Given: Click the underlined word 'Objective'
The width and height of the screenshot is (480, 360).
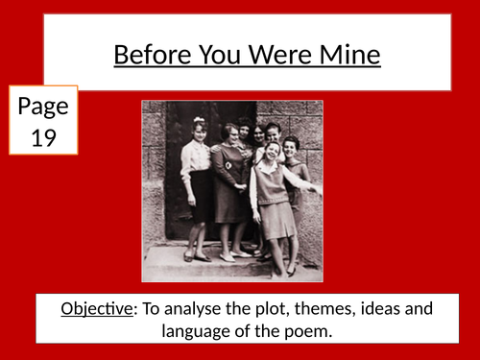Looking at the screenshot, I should (x=93, y=309).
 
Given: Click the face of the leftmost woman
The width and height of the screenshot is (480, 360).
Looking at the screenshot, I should (x=201, y=128).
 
